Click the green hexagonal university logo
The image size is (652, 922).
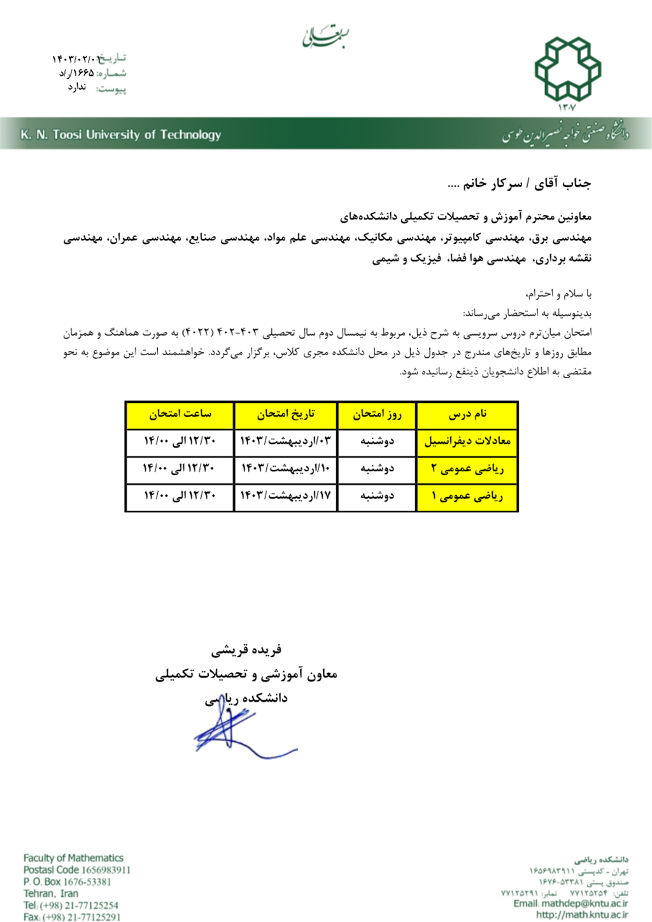(567, 69)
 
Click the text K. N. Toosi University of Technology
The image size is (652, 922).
(121, 134)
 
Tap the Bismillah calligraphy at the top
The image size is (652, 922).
(325, 37)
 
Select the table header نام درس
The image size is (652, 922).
(467, 415)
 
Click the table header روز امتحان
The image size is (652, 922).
(377, 415)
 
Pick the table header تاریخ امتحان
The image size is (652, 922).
(286, 415)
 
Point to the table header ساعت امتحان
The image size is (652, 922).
(180, 415)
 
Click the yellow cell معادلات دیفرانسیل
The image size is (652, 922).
(467, 441)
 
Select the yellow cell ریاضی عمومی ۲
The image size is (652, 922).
(467, 469)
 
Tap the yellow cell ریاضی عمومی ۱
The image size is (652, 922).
(467, 496)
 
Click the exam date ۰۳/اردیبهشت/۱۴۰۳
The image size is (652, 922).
(286, 441)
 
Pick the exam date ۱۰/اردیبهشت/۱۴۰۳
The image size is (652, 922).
(286, 469)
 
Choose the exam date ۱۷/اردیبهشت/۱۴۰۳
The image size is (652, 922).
(286, 496)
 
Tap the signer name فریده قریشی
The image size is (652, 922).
(246, 650)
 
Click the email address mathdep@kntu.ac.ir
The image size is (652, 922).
(585, 904)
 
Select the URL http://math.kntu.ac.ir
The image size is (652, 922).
(582, 915)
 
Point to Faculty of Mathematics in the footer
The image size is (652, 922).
(73, 858)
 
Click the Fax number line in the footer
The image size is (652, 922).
(72, 917)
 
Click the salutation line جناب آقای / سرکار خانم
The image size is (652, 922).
(519, 183)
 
